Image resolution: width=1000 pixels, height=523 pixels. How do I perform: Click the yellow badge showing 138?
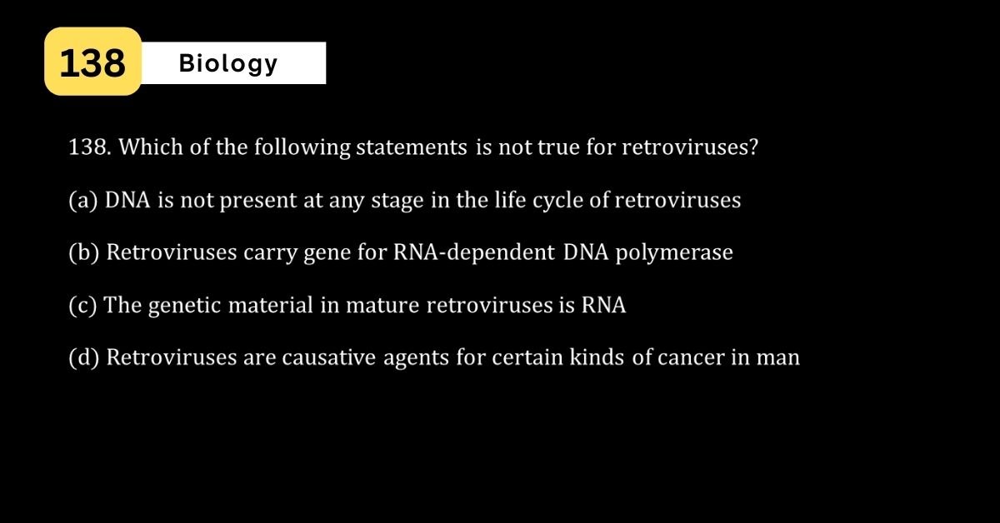(x=92, y=61)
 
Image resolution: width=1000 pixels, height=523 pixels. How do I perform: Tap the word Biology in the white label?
(x=228, y=64)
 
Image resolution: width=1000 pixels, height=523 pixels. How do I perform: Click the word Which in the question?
(x=151, y=147)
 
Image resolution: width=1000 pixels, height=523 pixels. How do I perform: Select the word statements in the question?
(x=411, y=147)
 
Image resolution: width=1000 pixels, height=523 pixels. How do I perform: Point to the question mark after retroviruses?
(x=753, y=147)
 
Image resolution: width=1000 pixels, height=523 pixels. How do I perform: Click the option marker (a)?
(x=83, y=200)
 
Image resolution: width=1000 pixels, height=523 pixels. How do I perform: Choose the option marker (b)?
(x=84, y=252)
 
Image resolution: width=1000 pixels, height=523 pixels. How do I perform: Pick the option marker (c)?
(x=82, y=306)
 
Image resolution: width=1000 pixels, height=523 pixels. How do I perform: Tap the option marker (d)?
(x=84, y=357)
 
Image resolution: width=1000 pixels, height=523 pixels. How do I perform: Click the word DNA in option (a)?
(x=127, y=200)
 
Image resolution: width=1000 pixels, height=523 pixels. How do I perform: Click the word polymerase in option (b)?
(x=674, y=253)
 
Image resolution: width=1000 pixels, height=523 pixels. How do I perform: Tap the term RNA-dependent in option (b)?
(x=473, y=252)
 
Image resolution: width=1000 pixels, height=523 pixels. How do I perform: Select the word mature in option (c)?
(x=382, y=306)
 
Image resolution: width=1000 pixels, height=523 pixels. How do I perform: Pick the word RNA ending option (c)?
(x=603, y=306)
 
